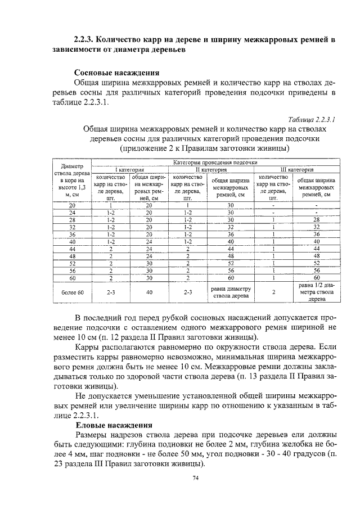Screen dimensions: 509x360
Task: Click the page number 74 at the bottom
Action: tap(196, 478)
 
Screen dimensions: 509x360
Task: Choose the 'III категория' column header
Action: tap(298, 169)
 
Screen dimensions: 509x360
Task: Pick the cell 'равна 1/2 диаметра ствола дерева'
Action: tap(317, 292)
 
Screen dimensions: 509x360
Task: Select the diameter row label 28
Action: tap(72, 219)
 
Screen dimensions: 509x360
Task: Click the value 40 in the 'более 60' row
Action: tap(149, 292)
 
